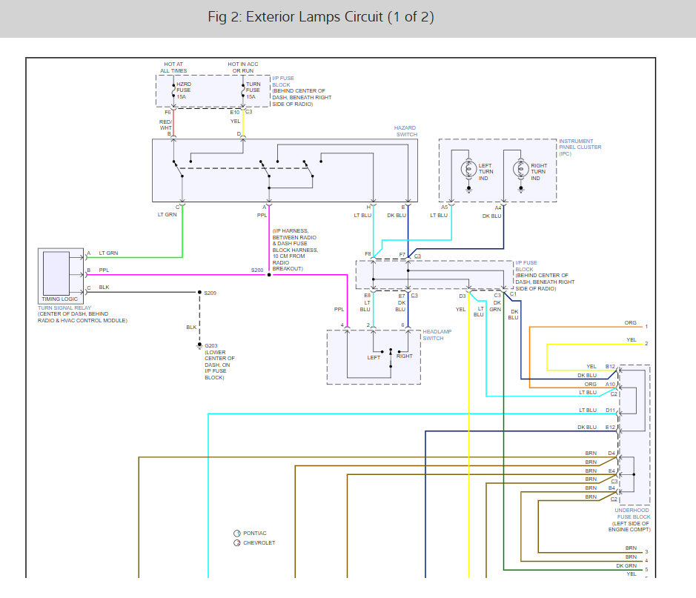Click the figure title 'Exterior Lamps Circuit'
click(314, 17)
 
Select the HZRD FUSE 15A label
click(184, 90)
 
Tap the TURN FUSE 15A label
click(253, 90)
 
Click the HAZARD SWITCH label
click(405, 131)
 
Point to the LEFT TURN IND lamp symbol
click(468, 169)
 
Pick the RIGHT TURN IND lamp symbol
click(520, 169)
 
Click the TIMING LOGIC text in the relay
click(59, 299)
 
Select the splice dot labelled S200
click(269, 275)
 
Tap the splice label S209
click(210, 293)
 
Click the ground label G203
click(211, 345)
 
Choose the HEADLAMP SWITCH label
click(437, 335)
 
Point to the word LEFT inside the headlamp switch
click(374, 358)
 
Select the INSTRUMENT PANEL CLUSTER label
click(580, 147)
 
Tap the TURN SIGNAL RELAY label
click(64, 308)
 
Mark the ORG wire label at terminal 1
click(630, 323)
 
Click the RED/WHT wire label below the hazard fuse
click(165, 124)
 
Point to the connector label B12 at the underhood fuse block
click(610, 366)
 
